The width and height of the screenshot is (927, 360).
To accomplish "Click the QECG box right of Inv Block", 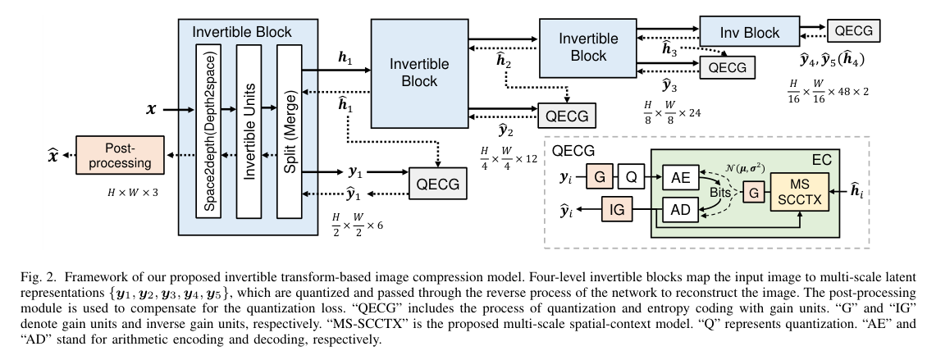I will [x=853, y=32].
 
